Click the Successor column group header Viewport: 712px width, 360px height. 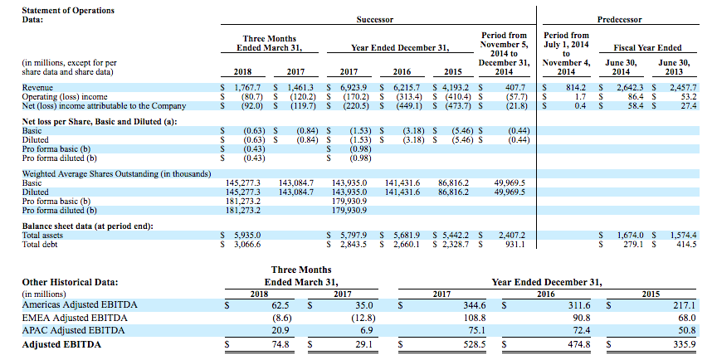(x=374, y=20)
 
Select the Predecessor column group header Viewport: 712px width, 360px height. (x=619, y=20)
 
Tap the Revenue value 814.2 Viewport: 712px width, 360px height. (x=576, y=87)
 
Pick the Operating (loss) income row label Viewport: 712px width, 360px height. (x=65, y=97)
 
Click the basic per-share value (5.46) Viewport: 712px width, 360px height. (x=461, y=131)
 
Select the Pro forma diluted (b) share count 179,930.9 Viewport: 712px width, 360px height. (x=349, y=210)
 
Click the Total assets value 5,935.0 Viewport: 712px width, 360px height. (x=247, y=235)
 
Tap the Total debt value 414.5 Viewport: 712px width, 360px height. (x=685, y=244)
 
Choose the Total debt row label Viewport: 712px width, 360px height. (x=40, y=244)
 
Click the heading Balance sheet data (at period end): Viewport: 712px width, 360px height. (x=88, y=226)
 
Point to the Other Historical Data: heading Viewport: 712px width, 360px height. (x=70, y=282)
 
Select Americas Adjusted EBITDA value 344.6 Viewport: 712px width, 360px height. (x=475, y=305)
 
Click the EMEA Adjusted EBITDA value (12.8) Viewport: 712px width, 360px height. (x=363, y=318)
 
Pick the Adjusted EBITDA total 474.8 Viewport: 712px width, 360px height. (x=579, y=344)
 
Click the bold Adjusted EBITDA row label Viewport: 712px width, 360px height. (x=61, y=344)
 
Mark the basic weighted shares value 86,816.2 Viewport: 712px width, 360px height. (x=454, y=183)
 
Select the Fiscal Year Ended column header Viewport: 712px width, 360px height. (x=647, y=47)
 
